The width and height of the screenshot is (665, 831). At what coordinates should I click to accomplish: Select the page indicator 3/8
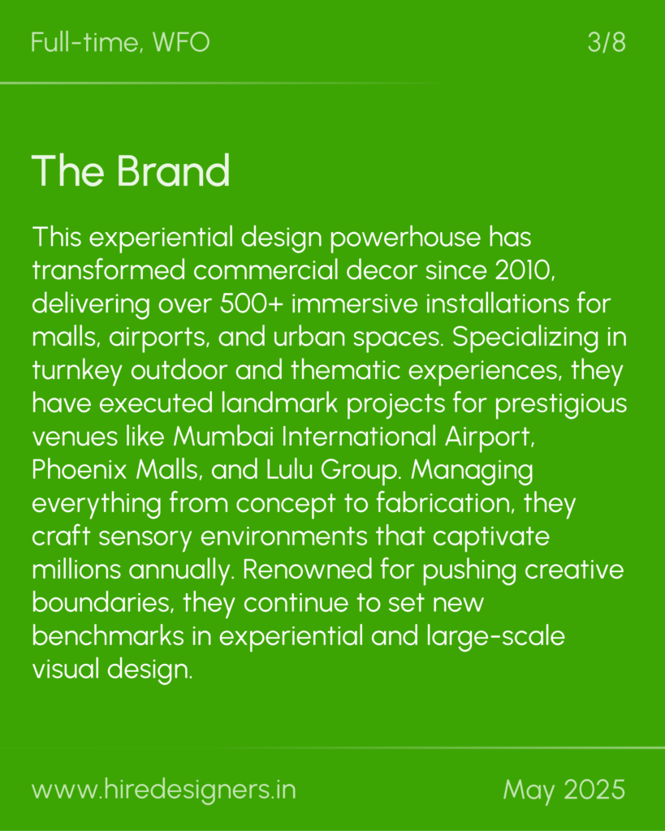[607, 42]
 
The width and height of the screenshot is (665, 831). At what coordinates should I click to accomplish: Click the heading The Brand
[131, 170]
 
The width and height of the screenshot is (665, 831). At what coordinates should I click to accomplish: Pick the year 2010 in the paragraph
[524, 270]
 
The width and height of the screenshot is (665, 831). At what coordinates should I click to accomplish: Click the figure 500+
[252, 304]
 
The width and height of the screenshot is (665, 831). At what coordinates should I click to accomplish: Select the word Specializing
[525, 338]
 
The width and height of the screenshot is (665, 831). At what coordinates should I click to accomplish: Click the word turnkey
[77, 370]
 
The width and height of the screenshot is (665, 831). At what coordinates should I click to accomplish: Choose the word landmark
[279, 403]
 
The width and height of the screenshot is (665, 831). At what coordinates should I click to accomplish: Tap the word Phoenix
[80, 470]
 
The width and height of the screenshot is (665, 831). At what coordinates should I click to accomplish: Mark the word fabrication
[446, 503]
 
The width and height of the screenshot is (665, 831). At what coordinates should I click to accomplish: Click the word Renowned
[308, 570]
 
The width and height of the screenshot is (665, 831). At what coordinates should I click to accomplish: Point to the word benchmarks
[108, 636]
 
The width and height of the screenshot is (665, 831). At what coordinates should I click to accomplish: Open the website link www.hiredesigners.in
[164, 790]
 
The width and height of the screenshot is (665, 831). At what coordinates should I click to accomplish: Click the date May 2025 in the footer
[564, 790]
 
